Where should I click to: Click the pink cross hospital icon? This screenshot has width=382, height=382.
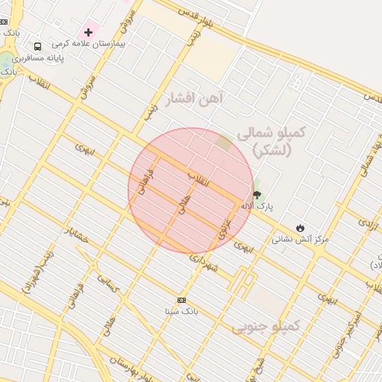coord(89,32)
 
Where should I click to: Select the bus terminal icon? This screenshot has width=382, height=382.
coord(38,46)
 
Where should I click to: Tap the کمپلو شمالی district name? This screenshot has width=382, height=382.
coord(272,132)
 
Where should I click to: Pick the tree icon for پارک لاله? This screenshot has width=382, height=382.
coord(257,195)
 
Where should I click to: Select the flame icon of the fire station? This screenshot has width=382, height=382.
coord(300,228)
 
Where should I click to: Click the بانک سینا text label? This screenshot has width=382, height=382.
coord(181,310)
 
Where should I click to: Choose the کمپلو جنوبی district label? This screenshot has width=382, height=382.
coord(266,326)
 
